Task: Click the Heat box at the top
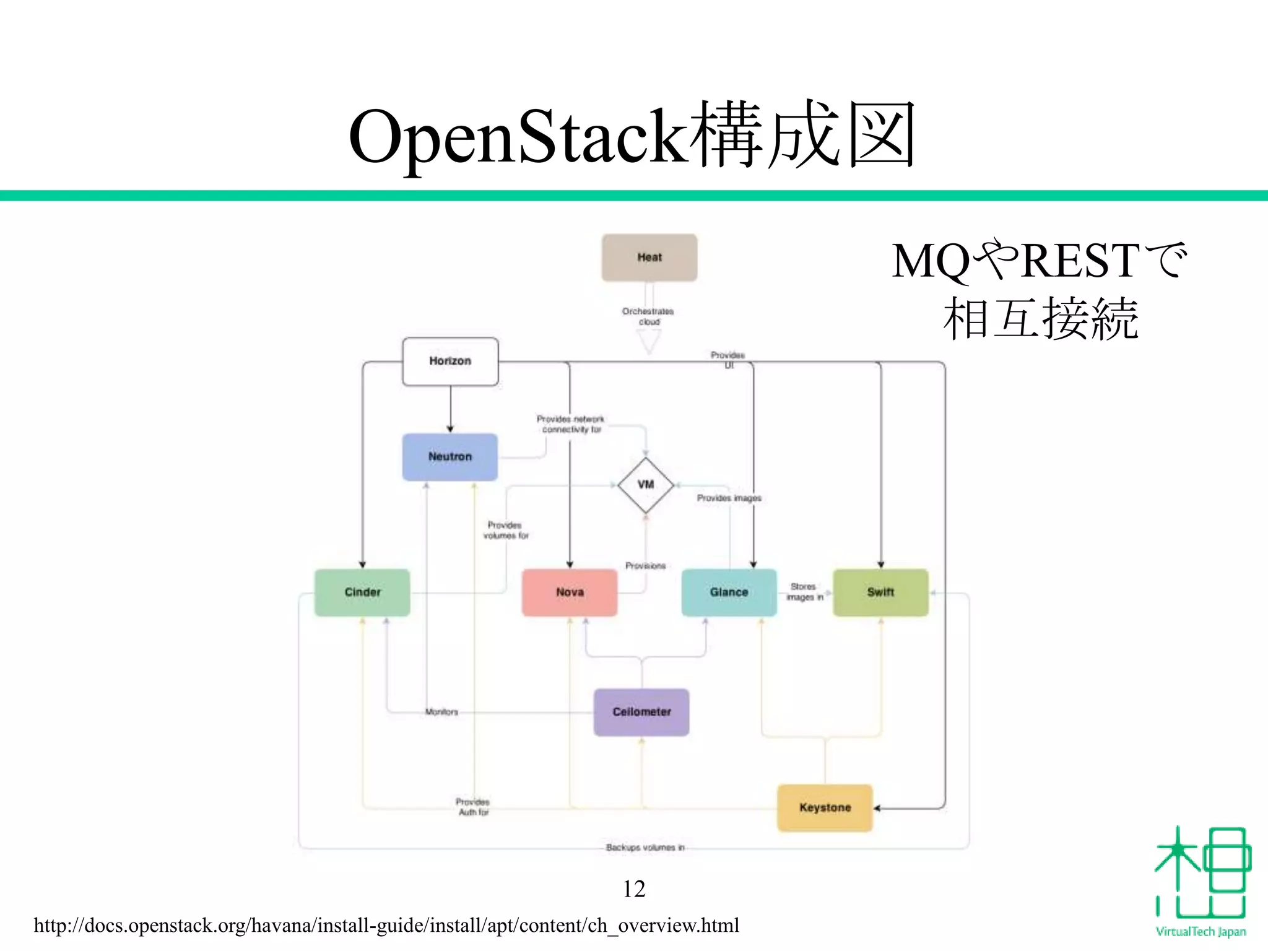649,258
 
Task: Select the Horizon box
450,361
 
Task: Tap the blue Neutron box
450,457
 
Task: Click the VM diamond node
646,485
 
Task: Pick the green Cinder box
362,593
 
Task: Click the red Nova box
570,593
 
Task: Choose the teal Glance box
729,593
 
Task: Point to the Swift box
880,593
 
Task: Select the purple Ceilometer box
641,712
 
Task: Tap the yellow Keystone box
825,807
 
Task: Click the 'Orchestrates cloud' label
648,316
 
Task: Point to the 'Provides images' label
729,498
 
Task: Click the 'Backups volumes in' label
645,848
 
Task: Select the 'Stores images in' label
804,592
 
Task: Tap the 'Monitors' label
441,712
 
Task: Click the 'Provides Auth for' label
473,807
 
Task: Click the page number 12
634,889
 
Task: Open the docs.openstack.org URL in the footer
386,926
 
